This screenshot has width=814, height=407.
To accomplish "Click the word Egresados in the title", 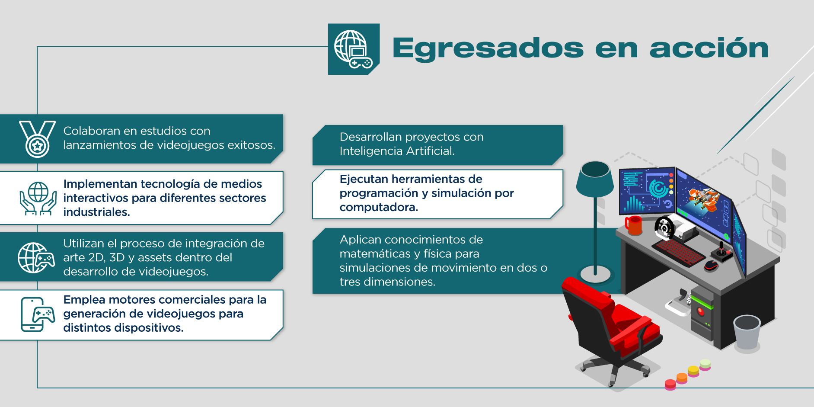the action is click(488, 48).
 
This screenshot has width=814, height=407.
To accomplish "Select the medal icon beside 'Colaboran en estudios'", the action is click(37, 139).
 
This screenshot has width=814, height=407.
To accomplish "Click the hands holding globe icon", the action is click(38, 199).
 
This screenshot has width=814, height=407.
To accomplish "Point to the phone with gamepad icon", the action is click(38, 314).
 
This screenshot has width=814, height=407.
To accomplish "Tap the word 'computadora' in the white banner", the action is click(378, 207).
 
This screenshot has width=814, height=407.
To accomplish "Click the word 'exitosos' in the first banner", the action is click(250, 145).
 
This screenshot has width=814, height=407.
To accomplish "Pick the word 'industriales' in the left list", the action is click(96, 212).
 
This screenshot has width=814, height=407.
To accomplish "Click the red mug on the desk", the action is click(633, 225).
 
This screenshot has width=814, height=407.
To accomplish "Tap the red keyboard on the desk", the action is click(678, 252).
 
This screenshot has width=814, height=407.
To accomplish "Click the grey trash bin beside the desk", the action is click(747, 332).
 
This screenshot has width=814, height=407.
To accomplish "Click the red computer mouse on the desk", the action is click(711, 265).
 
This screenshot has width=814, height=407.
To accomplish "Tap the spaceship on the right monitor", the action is click(703, 199).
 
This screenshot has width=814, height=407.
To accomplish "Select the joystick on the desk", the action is click(721, 252).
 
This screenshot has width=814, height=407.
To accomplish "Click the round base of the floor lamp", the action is click(595, 274).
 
